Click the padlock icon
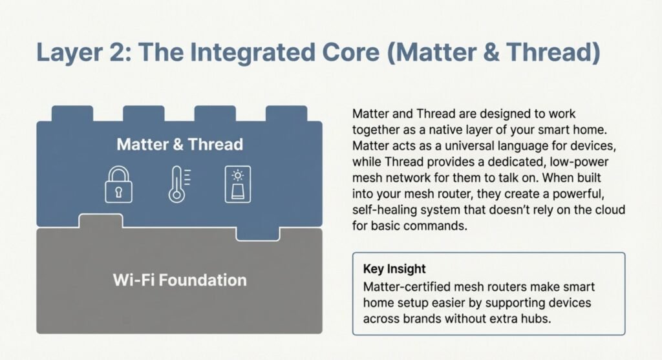click(118, 184)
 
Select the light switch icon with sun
click(238, 184)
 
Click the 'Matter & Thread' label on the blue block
click(180, 144)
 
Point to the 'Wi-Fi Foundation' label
click(180, 281)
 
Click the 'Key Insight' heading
click(394, 269)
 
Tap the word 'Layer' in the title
click(70, 52)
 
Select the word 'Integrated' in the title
click(253, 52)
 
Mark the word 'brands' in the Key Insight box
click(422, 318)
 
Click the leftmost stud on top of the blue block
click(72, 114)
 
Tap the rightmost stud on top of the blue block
click(286, 114)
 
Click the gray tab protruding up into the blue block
click(101, 221)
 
